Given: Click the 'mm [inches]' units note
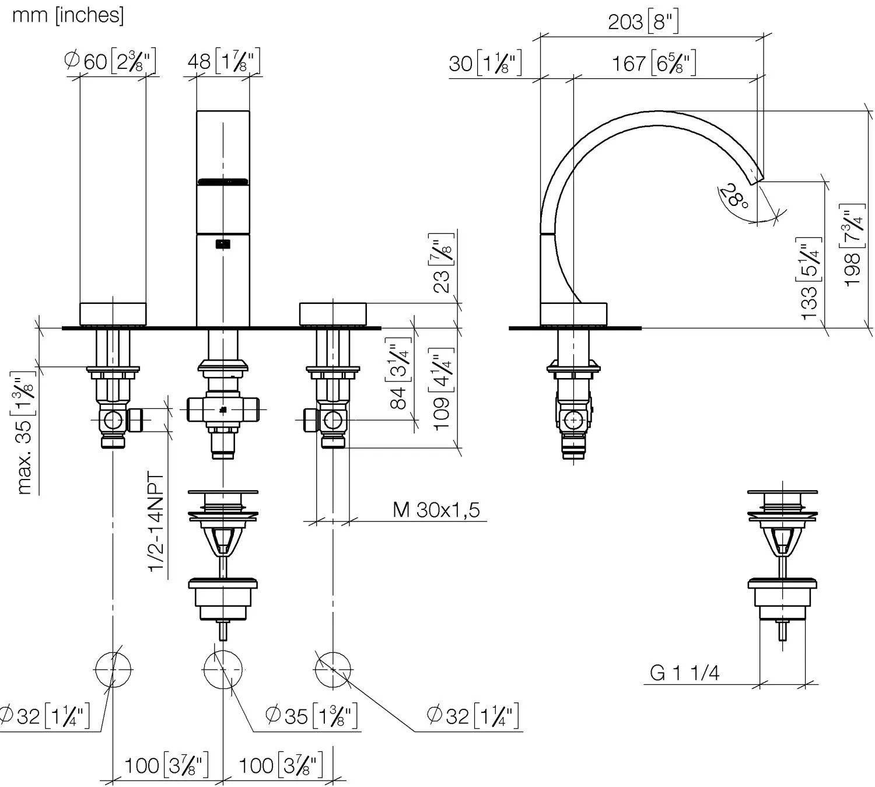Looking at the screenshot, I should tap(68, 16).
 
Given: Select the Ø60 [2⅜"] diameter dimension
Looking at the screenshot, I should tap(111, 61).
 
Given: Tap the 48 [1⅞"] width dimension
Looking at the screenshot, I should tap(223, 61).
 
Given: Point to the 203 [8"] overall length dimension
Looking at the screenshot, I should tap(643, 22).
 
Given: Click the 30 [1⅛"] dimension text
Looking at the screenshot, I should tap(485, 63).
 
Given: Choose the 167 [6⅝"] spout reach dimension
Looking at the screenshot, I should tap(653, 63).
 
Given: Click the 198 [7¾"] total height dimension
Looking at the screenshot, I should tap(853, 245).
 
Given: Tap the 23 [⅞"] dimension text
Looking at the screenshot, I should tap(442, 263).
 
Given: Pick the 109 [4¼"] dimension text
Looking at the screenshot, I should tap(442, 388).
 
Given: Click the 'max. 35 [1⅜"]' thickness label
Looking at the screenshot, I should tap(25, 433).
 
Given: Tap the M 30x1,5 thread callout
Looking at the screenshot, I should tap(436, 510).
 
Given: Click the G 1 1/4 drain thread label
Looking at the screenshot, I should tap(684, 673).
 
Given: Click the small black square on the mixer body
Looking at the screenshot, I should tap(223, 244).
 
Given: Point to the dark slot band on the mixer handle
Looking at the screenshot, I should tap(223, 181).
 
